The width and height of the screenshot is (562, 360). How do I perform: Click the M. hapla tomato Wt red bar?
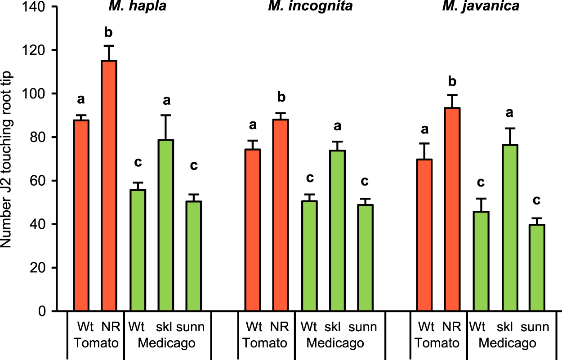click(x=81, y=216)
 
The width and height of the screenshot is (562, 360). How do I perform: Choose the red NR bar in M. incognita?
click(x=281, y=216)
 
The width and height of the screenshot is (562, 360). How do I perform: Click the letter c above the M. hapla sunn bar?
click(x=194, y=166)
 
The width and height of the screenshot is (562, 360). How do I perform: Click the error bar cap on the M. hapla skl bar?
click(x=166, y=116)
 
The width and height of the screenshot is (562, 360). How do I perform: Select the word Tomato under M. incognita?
click(x=265, y=343)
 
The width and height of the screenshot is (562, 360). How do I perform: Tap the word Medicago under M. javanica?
click(x=507, y=343)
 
